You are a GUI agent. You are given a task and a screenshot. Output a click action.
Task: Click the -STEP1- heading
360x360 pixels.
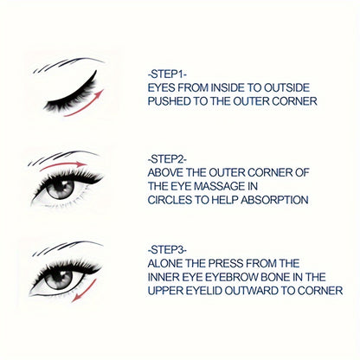click(168, 74)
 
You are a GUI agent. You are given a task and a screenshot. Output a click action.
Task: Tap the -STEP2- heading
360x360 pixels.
click(168, 159)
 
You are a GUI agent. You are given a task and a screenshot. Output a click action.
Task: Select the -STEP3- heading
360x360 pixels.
click(168, 250)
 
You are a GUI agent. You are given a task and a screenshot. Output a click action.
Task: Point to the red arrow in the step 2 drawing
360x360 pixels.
click(63, 165)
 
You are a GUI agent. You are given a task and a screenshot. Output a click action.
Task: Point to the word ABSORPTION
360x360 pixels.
click(274, 200)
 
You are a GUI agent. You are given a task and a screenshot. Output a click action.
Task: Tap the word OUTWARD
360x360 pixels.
click(251, 291)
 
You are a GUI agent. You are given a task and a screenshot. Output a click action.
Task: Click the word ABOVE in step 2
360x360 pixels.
click(165, 173)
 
